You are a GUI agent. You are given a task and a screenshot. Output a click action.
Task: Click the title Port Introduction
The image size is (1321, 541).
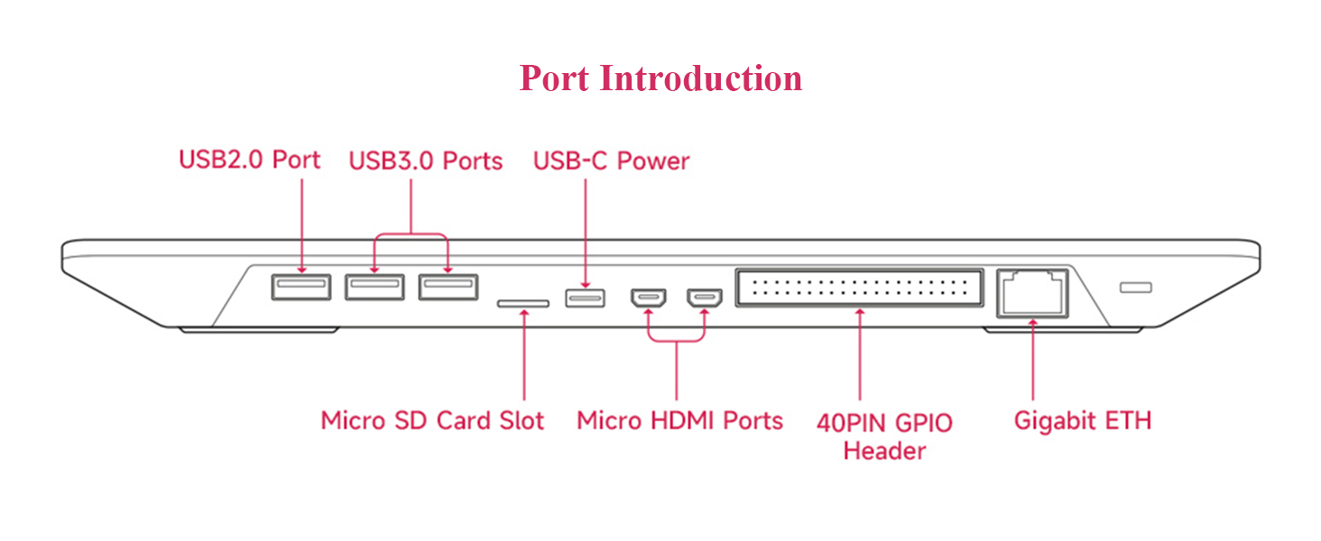point(660,78)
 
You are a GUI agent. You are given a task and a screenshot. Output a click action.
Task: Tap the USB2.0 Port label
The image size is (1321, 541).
point(249,160)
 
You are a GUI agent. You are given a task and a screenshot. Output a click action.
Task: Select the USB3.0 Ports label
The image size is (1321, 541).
point(425,160)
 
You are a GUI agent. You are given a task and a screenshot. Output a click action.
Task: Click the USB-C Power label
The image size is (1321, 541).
point(611,160)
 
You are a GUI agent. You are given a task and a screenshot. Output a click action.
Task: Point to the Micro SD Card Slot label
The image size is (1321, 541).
point(432,421)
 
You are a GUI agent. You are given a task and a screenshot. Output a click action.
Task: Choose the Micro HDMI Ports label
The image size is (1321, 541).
point(680,421)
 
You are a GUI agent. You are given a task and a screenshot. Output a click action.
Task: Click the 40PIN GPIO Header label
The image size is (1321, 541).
point(884,436)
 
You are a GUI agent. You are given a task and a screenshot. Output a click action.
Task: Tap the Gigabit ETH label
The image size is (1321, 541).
point(1083,421)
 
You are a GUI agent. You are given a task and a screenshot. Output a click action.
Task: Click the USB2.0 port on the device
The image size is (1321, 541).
point(301,287)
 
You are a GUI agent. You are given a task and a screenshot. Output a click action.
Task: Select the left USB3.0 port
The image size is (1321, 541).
point(374,287)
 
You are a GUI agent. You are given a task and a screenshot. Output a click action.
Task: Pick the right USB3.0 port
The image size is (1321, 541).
point(448,287)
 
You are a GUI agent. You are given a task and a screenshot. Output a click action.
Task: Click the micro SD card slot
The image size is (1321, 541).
point(523,304)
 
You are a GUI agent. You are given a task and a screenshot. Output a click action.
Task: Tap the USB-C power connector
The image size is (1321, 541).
point(585,298)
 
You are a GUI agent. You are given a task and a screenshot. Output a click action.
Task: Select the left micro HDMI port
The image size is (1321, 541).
point(649,298)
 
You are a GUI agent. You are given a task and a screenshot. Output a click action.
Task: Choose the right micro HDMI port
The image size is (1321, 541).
point(705,298)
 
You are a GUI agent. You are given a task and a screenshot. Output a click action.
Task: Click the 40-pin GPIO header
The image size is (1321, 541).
point(860,288)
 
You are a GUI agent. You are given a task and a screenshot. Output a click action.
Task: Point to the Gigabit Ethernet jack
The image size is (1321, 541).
point(1032,293)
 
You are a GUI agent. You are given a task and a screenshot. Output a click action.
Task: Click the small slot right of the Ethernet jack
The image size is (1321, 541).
point(1136,287)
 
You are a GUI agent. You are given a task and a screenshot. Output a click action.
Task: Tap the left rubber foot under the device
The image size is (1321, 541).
point(260,330)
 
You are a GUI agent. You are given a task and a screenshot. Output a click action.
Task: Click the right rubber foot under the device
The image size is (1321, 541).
point(1063,330)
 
